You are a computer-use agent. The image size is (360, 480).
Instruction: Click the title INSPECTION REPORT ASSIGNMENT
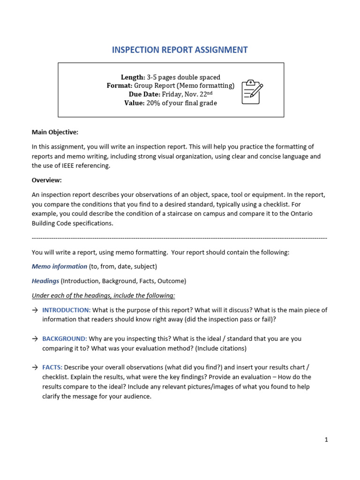180,50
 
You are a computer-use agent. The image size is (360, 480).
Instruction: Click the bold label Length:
133,77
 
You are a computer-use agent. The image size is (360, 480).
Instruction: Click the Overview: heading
46,180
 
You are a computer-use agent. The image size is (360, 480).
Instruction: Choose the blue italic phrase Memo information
60,266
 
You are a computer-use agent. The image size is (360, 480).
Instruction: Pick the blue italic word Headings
45,281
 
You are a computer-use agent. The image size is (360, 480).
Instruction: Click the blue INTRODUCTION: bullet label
66,310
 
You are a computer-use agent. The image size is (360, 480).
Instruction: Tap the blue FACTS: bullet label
52,367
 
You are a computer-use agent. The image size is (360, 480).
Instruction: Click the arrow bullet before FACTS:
35,367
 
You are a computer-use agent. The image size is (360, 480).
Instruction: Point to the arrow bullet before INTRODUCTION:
35,310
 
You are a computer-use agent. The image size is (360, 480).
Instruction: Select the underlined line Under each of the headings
103,295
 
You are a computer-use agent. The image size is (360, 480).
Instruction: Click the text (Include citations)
220,348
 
